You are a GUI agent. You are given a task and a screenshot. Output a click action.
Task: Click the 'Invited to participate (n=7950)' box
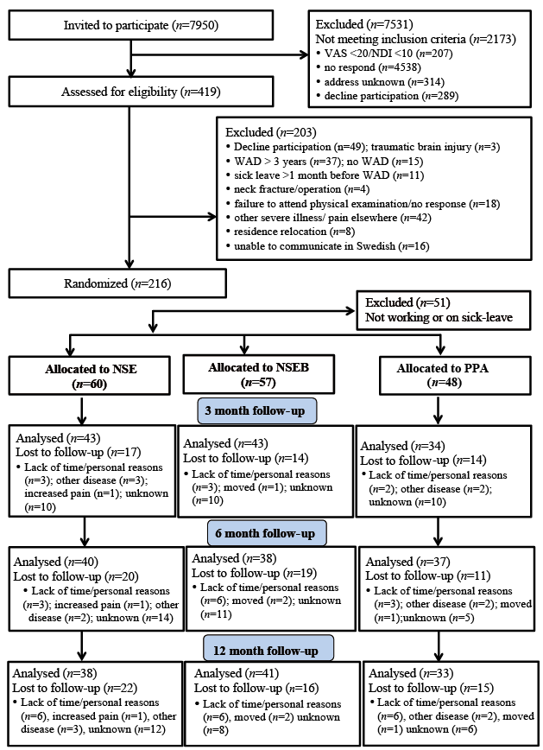(141, 25)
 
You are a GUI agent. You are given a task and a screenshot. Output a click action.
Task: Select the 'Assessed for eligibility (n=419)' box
(141, 92)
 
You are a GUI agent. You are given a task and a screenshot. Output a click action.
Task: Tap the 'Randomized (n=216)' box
(117, 283)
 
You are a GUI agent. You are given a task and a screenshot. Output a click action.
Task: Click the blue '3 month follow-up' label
(257, 411)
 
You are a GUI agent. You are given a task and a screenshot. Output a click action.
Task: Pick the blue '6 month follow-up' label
(268, 533)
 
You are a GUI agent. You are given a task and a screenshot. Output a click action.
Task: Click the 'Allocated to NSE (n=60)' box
(90, 376)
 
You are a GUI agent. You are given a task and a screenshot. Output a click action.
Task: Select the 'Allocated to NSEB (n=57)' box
(259, 374)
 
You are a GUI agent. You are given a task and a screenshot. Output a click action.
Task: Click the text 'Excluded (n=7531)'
(364, 24)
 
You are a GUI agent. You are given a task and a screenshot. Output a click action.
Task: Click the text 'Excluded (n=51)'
(407, 302)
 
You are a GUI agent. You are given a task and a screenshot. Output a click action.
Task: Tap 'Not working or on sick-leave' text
(439, 317)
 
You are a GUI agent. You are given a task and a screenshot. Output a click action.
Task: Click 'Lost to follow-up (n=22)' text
(74, 688)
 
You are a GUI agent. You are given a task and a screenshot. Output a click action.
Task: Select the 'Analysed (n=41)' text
(237, 673)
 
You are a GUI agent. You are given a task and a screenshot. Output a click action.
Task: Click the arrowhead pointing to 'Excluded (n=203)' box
(212, 217)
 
